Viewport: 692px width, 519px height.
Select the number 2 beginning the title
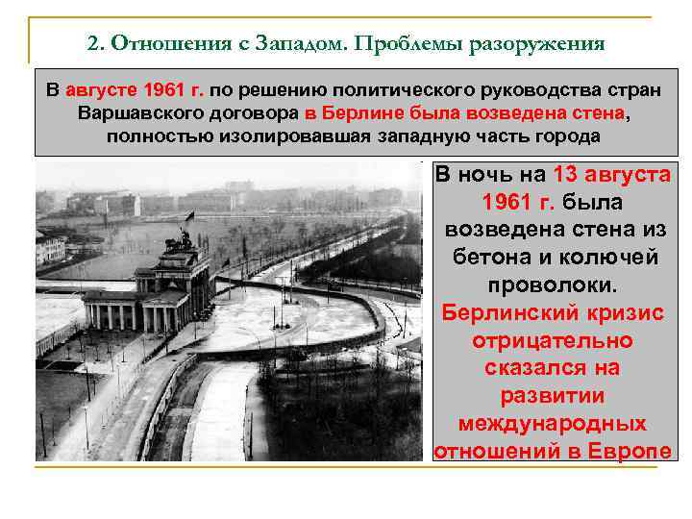(x=91, y=44)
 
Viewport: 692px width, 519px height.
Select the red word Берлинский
(x=510, y=313)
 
